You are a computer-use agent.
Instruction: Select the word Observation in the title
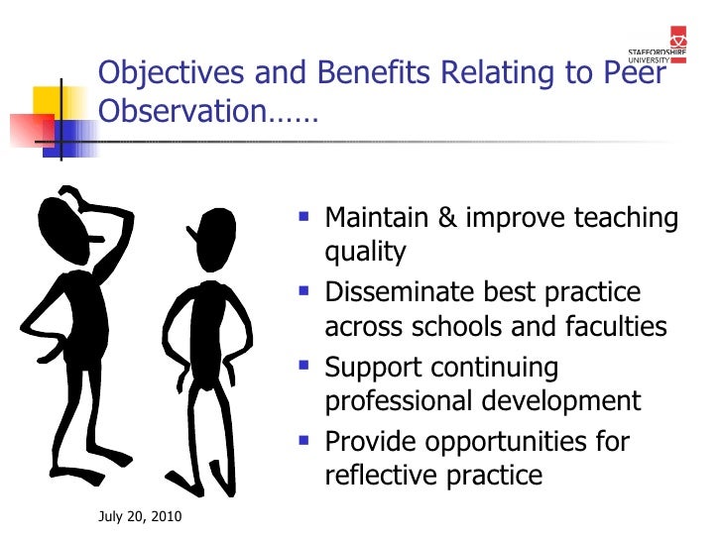(181, 112)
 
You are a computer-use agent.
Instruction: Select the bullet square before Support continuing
(302, 367)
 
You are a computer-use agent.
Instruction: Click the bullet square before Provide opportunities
(302, 441)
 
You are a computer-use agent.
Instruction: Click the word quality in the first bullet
(365, 254)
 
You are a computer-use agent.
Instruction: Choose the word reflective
(380, 476)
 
